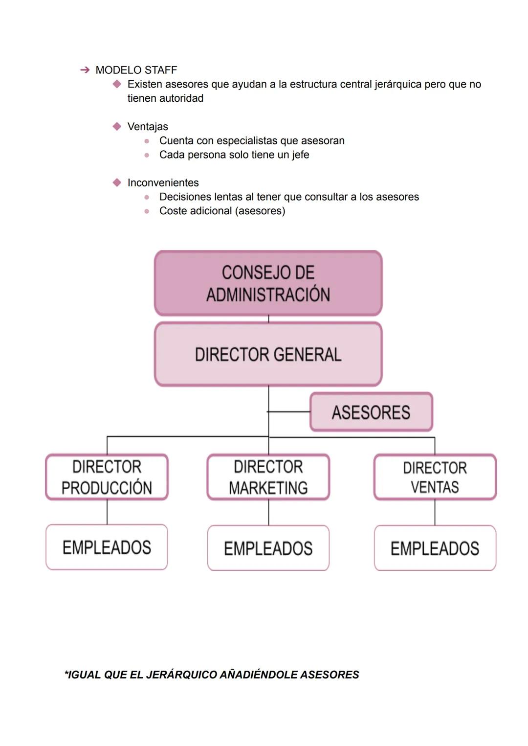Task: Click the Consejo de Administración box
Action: (268, 283)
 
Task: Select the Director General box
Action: (268, 354)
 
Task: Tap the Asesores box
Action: (371, 412)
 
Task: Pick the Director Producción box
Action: (107, 477)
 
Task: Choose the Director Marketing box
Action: (268, 477)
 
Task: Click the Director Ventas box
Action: (435, 477)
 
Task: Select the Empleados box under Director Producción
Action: (107, 547)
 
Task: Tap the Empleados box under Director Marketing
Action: (268, 548)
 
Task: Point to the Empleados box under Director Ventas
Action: (435, 548)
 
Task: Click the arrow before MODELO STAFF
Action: (85, 70)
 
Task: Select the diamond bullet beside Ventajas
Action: (117, 127)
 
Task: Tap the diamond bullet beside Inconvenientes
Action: (117, 183)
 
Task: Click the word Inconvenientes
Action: (163, 183)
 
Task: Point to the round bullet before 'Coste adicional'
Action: (147, 211)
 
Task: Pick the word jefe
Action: (300, 155)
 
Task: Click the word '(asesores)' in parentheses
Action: (261, 211)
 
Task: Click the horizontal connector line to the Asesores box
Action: (289, 412)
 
